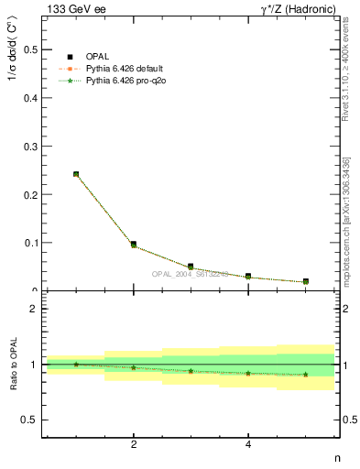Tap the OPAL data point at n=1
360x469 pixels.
pos(76,174)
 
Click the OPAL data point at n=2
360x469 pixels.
pos(134,244)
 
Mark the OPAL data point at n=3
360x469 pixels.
pos(191,267)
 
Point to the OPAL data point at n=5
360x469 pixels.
pos(305,281)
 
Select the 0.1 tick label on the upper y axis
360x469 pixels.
pos(32,243)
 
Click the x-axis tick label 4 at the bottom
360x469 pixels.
pos(248,445)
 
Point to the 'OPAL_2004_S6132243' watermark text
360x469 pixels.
pos(191,274)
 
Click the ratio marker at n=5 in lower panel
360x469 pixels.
pos(305,374)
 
